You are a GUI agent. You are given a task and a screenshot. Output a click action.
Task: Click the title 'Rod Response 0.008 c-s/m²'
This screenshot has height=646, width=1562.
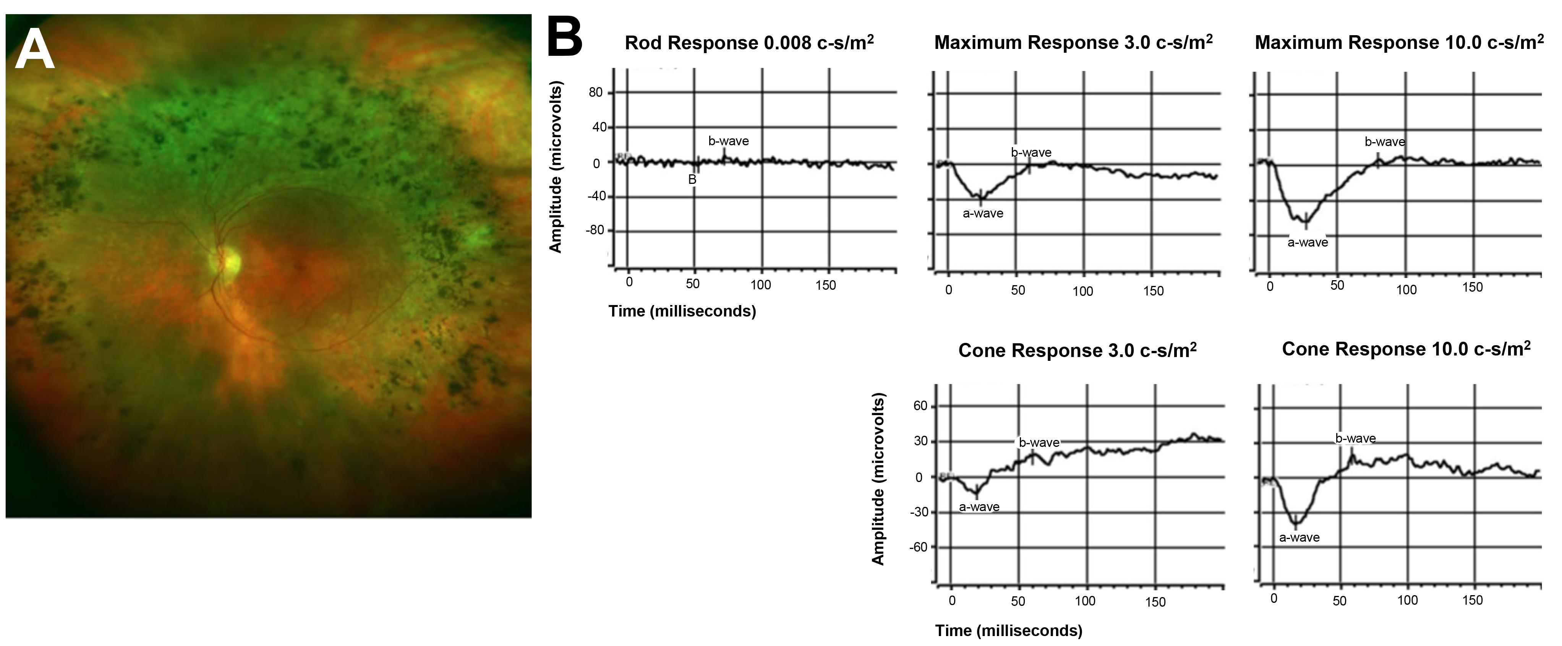pyautogui.click(x=749, y=42)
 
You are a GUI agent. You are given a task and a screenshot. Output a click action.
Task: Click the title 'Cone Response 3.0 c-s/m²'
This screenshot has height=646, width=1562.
pyautogui.click(x=1077, y=350)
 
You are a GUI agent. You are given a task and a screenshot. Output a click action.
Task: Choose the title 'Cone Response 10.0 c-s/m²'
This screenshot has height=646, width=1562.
pyautogui.click(x=1406, y=349)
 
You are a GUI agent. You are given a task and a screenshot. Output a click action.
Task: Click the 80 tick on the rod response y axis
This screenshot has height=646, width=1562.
pyautogui.click(x=595, y=92)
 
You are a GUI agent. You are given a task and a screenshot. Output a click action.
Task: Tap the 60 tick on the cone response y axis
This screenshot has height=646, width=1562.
pyautogui.click(x=920, y=406)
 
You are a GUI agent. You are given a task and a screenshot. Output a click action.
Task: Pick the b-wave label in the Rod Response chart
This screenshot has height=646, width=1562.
pyautogui.click(x=728, y=141)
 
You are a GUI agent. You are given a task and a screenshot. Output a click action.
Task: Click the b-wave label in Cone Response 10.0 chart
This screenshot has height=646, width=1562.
pyautogui.click(x=1355, y=438)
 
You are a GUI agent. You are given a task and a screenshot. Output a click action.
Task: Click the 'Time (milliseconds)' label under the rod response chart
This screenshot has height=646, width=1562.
pyautogui.click(x=682, y=311)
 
